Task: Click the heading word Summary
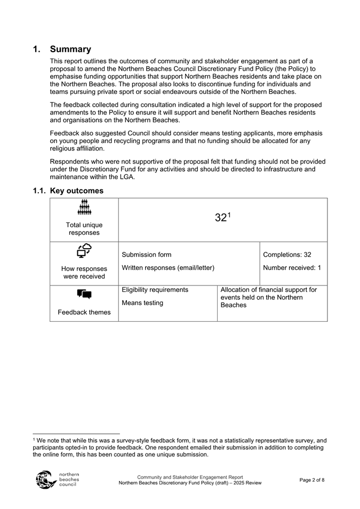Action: point(70,49)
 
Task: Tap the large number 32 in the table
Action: point(221,218)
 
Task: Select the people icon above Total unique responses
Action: point(84,208)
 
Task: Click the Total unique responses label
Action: point(84,229)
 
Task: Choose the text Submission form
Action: point(147,254)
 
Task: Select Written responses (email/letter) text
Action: point(168,267)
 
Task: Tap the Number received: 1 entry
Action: point(292,267)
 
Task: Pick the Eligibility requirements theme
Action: point(155,290)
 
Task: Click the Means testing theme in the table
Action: point(142,303)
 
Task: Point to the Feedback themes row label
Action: point(84,312)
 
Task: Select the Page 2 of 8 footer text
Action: point(312,480)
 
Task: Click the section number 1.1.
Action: point(39,190)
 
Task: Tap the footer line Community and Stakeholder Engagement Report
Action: point(190,477)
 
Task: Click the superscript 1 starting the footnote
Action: point(34,440)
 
